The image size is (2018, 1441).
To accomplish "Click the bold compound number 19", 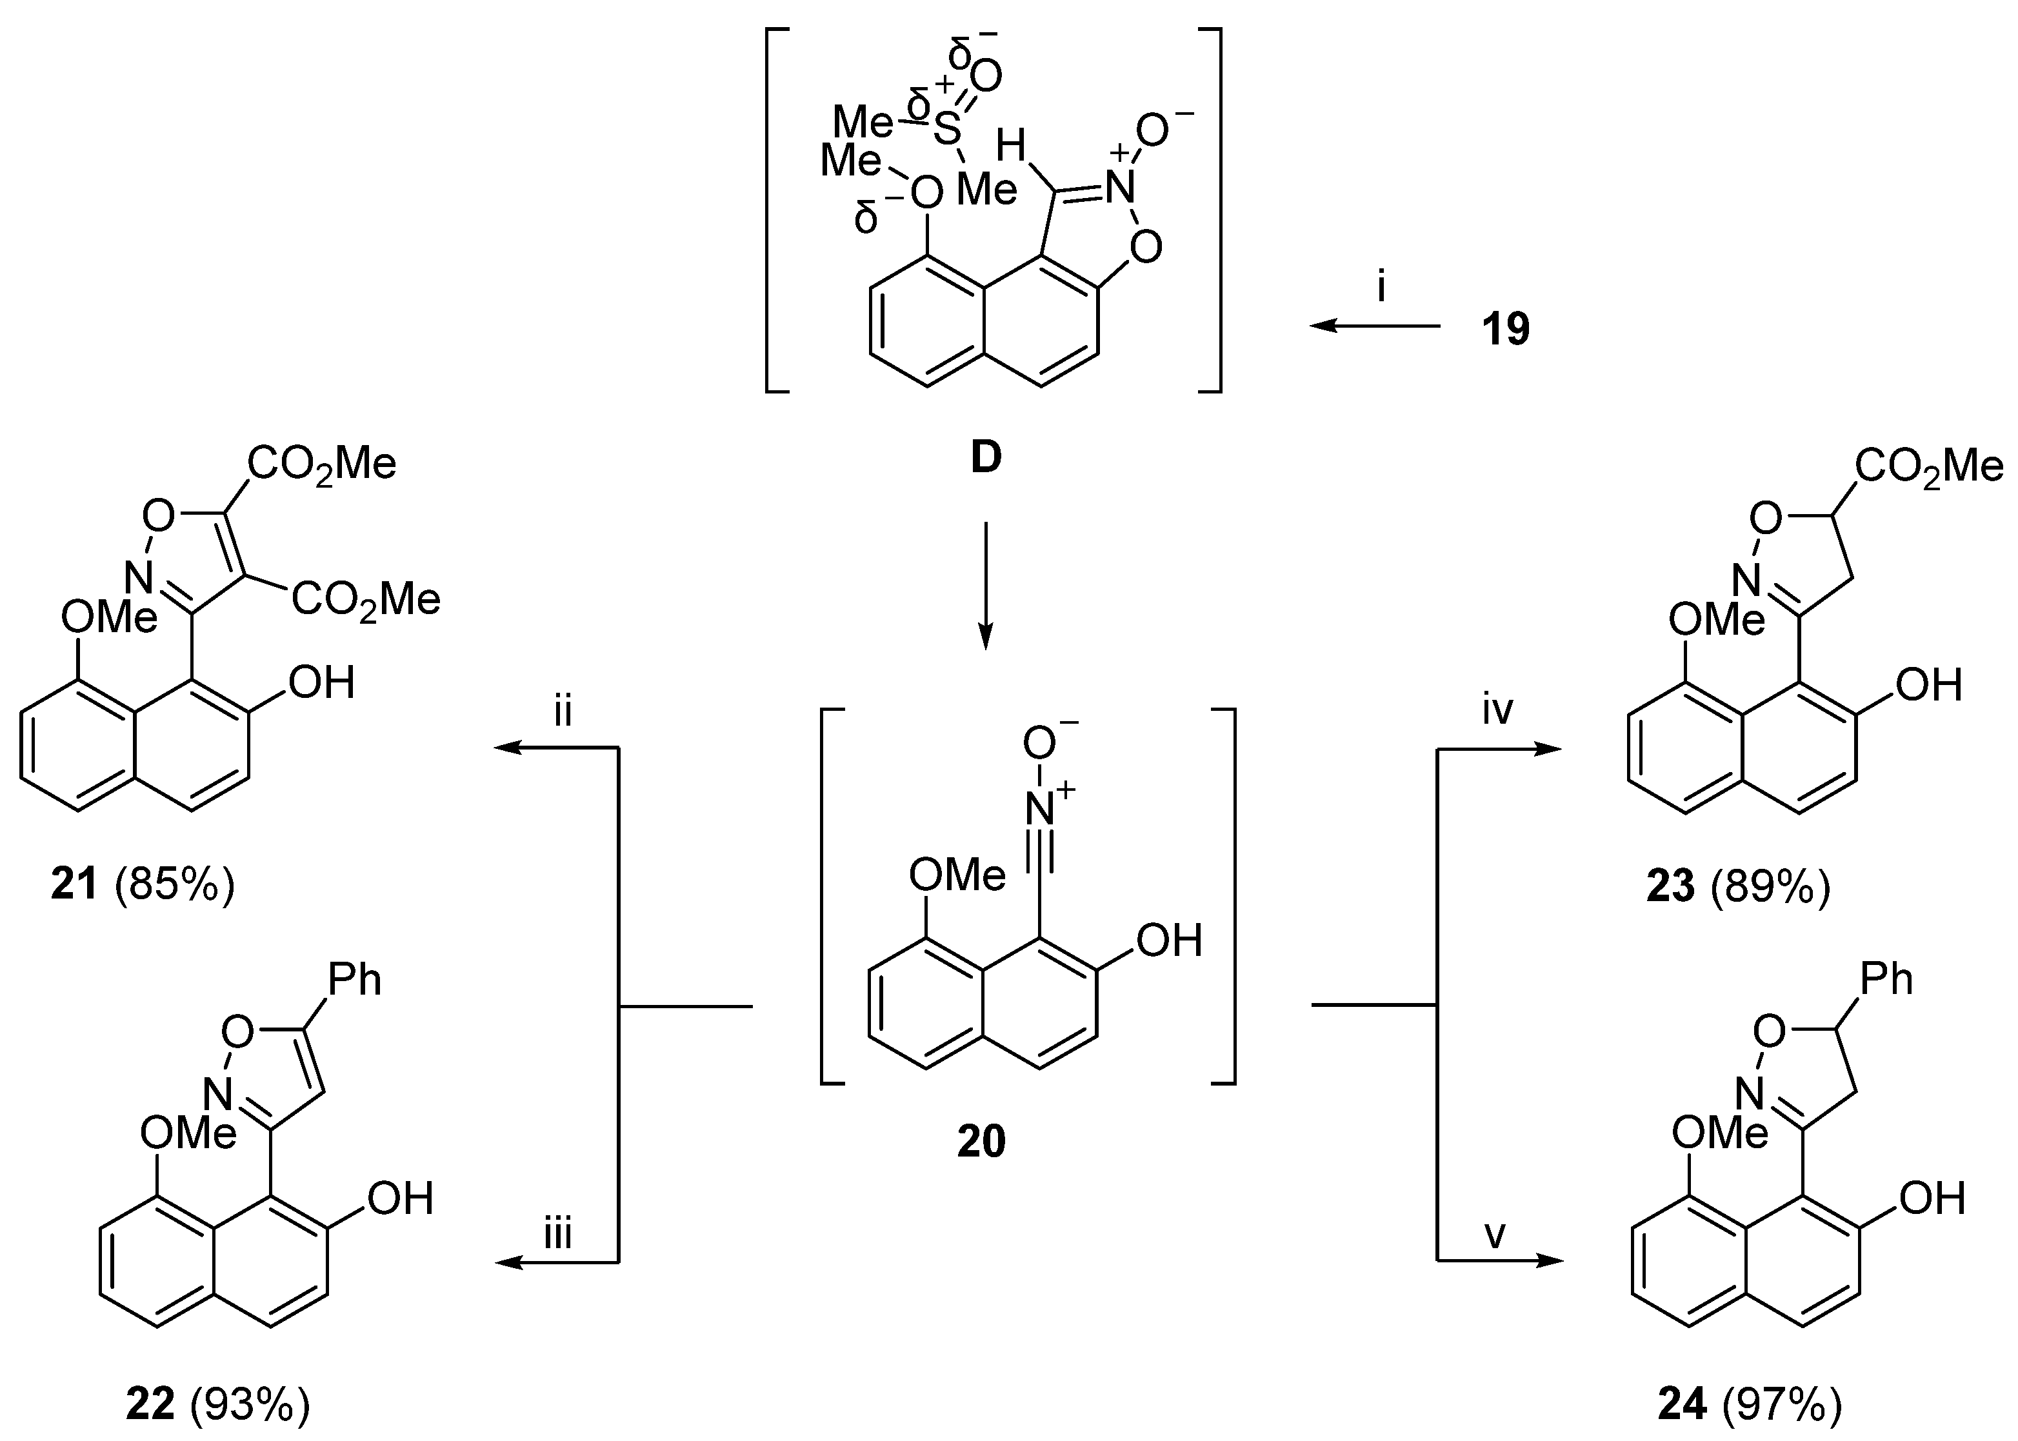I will pos(1506,329).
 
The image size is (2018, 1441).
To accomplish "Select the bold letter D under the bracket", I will pos(986,458).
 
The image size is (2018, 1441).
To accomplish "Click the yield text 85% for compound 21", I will pos(175,886).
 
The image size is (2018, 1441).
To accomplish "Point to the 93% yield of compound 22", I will pos(250,1406).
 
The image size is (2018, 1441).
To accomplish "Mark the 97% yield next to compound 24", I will pos(1782,1406).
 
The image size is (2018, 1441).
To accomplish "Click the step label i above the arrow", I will pos(1381,288).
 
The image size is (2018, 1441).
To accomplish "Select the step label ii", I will pos(563,711).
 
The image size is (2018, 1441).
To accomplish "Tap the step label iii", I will pos(557,1233).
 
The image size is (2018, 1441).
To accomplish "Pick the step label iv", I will pos(1498,710).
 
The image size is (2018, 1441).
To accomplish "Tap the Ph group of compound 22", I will pos(355,980).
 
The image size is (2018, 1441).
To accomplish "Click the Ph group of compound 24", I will pos(1886,979).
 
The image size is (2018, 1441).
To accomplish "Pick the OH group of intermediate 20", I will pos(1170,940).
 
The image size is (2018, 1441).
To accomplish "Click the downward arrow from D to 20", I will pos(985,586).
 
